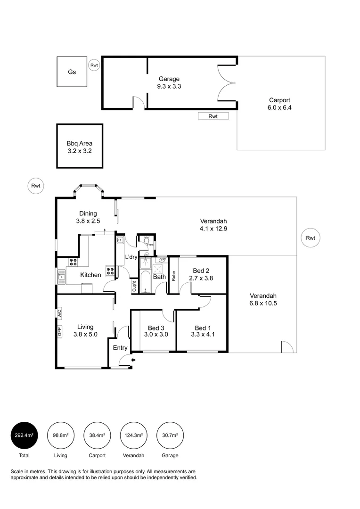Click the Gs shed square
72,72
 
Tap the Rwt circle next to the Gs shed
94,65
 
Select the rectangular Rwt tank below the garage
213,116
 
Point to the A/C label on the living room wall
59,312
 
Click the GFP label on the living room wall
59,332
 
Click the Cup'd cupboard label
134,287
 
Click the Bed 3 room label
156,328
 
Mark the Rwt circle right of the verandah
310,238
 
